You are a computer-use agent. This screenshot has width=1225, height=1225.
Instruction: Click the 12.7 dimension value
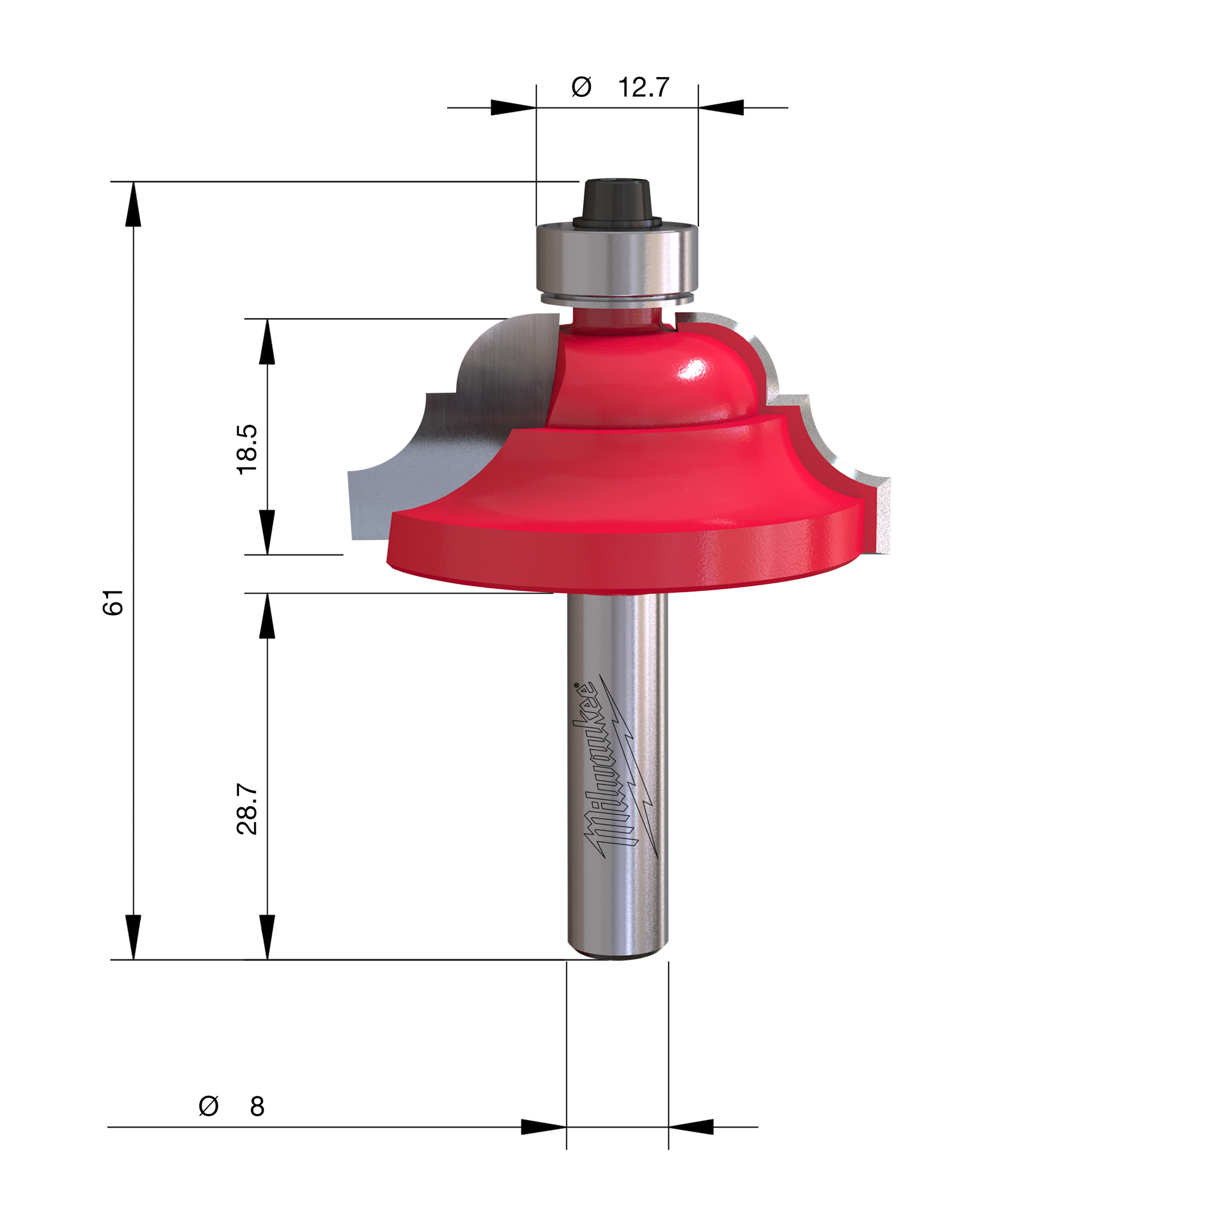(643, 88)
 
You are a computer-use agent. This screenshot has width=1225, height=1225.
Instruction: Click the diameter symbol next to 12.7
(581, 87)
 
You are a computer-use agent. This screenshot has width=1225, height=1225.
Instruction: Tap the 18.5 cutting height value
(247, 449)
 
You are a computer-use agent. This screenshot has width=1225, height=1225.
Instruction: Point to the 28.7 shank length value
(247, 809)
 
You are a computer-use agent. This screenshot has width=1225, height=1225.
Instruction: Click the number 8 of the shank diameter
(257, 1106)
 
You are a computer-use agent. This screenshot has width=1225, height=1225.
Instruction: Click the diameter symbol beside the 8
(209, 1106)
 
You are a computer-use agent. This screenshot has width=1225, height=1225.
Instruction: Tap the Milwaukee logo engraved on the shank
(618, 770)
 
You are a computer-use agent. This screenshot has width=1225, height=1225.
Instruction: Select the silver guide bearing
(617, 260)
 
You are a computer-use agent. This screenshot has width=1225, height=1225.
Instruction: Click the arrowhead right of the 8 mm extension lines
(691, 1127)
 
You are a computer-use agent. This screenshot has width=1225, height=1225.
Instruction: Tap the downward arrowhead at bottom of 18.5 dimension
(267, 533)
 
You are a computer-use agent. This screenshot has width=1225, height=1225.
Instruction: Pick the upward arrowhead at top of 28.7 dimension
(267, 615)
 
